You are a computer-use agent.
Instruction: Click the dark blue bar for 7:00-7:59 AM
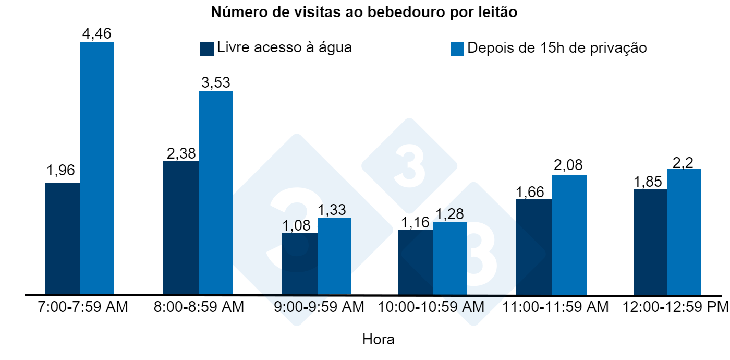pos(63,238)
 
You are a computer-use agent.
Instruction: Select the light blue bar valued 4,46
pos(97,169)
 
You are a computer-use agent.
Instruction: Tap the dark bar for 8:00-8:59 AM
pos(180,227)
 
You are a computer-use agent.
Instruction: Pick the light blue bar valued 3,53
pos(215,193)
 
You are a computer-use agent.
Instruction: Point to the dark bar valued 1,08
pos(299,263)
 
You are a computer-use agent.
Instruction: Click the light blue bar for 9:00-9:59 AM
pos(334,256)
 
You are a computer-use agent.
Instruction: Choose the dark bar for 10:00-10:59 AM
pos(415,262)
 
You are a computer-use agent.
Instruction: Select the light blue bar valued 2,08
pos(569,235)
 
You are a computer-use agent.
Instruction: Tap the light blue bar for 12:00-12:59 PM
pos(684,232)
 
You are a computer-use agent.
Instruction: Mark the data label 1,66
pos(533,191)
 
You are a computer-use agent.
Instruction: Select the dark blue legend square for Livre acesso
pos(207,49)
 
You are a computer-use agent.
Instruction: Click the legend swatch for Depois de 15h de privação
pos(457,49)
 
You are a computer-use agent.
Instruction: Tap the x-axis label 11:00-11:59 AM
pos(555,307)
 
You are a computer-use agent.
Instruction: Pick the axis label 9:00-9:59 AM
pos(319,307)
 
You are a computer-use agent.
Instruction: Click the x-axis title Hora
pos(379,340)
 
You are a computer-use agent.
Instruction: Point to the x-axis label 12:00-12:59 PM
pos(676,307)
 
